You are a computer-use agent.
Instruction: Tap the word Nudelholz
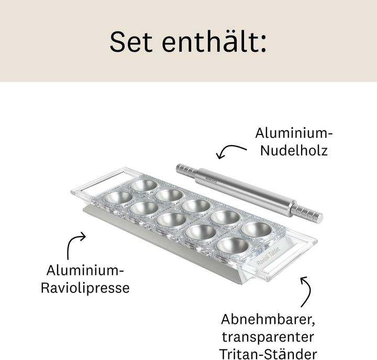(x=295, y=151)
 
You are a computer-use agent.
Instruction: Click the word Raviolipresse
(x=85, y=287)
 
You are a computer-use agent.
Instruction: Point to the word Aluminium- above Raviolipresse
(x=85, y=270)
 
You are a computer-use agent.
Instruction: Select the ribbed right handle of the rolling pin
(x=311, y=213)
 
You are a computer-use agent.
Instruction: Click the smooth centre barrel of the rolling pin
(x=246, y=191)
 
